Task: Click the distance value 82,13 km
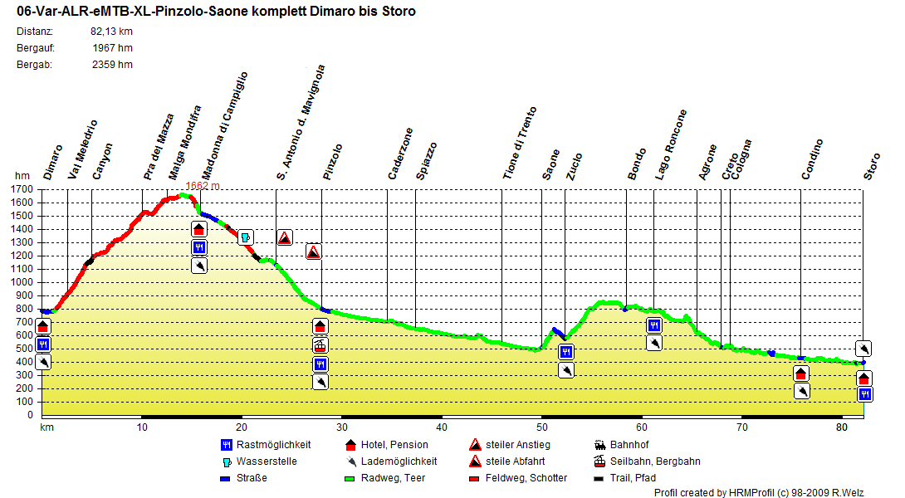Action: pos(111,32)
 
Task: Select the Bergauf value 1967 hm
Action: pos(114,48)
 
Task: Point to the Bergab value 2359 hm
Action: pos(112,65)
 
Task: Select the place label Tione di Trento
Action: pos(520,143)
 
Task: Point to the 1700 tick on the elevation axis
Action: pos(27,189)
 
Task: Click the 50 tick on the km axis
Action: pos(541,427)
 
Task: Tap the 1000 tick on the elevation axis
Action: pos(27,282)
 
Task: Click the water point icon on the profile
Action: pos(245,238)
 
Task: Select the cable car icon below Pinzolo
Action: pos(320,345)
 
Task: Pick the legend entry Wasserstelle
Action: pos(266,461)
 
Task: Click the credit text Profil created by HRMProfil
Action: pos(758,493)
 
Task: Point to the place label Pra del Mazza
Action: pos(159,147)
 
